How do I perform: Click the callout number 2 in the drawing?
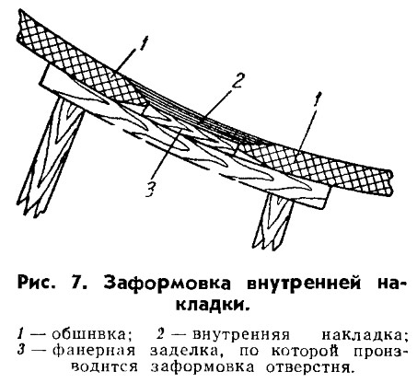click(237, 79)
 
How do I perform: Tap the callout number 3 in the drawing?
click(150, 189)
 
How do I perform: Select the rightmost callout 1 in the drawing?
click(318, 99)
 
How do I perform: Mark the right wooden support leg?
click(273, 221)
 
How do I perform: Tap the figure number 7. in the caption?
click(79, 283)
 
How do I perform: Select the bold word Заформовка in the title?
click(167, 283)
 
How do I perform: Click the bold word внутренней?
click(305, 283)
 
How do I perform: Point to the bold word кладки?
click(213, 306)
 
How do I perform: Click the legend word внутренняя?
click(241, 334)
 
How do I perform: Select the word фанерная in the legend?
click(94, 351)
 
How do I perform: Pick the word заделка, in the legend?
click(187, 351)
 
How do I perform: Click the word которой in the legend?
click(305, 351)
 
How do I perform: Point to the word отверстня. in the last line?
click(308, 366)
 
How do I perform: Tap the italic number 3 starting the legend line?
click(20, 351)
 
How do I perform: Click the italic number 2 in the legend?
click(161, 334)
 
